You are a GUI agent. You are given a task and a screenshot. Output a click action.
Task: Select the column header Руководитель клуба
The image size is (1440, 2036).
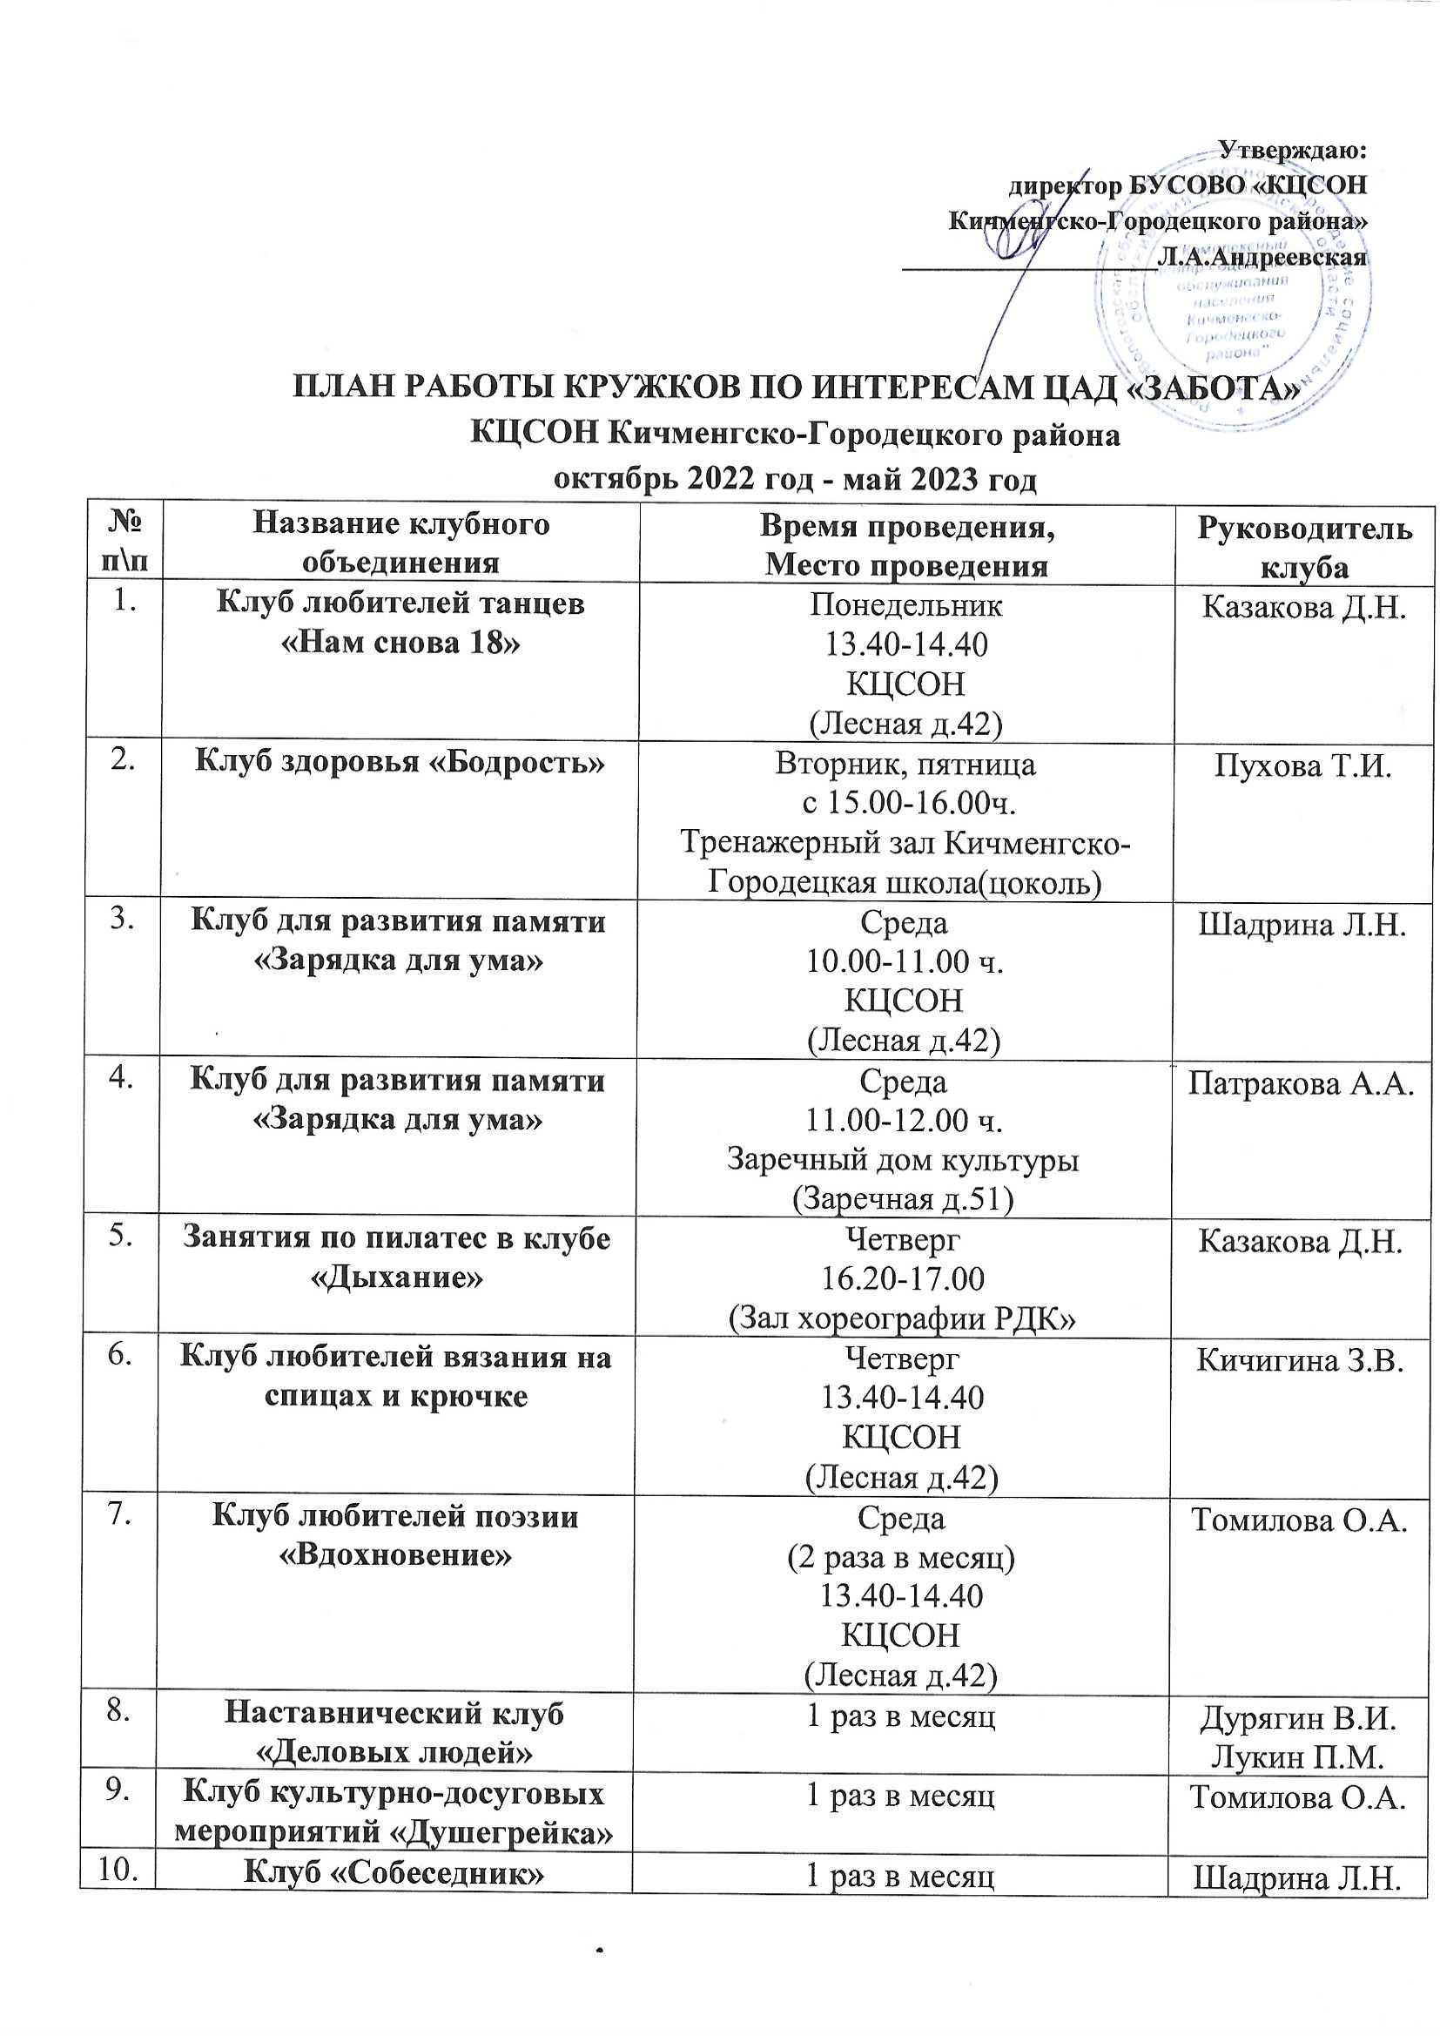click(1304, 547)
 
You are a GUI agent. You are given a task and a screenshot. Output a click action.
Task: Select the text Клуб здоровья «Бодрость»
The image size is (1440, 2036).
click(400, 764)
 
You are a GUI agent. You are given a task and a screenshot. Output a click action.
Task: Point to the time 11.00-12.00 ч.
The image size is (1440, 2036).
click(905, 1121)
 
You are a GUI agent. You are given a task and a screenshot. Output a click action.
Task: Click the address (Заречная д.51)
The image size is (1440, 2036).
click(903, 1199)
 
